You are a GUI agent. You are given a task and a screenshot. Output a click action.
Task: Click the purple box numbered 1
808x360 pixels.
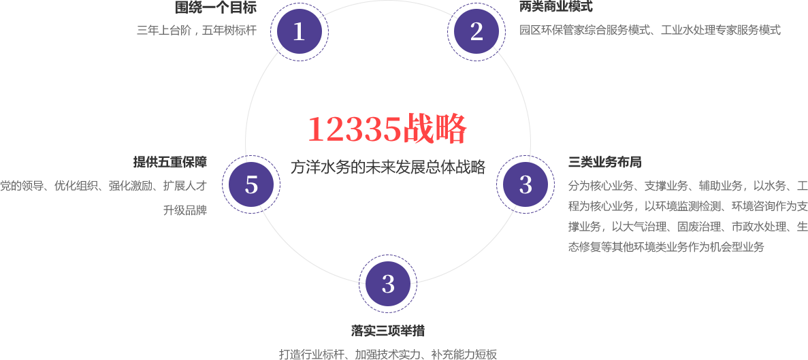[299, 31]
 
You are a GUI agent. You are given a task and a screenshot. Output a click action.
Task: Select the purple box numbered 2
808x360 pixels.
[476, 31]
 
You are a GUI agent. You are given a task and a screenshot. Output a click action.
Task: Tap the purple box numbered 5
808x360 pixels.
[251, 184]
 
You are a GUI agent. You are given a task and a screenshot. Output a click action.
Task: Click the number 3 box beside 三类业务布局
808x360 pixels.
[525, 184]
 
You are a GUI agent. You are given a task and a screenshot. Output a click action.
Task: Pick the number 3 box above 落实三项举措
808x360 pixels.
[387, 284]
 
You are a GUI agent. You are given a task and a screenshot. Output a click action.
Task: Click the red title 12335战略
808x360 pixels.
[388, 128]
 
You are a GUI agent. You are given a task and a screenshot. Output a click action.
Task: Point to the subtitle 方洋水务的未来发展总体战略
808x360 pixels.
[388, 167]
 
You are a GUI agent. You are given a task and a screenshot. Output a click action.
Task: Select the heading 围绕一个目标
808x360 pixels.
[216, 7]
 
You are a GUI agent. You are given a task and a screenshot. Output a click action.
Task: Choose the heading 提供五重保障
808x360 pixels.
[170, 163]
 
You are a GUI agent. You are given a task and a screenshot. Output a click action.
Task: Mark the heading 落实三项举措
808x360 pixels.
[387, 331]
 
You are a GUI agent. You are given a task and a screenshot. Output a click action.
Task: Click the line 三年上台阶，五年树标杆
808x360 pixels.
[197, 30]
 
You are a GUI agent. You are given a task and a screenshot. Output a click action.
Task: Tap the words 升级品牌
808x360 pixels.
[185, 210]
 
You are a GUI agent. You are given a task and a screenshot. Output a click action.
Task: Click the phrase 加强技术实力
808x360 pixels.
[387, 354]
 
